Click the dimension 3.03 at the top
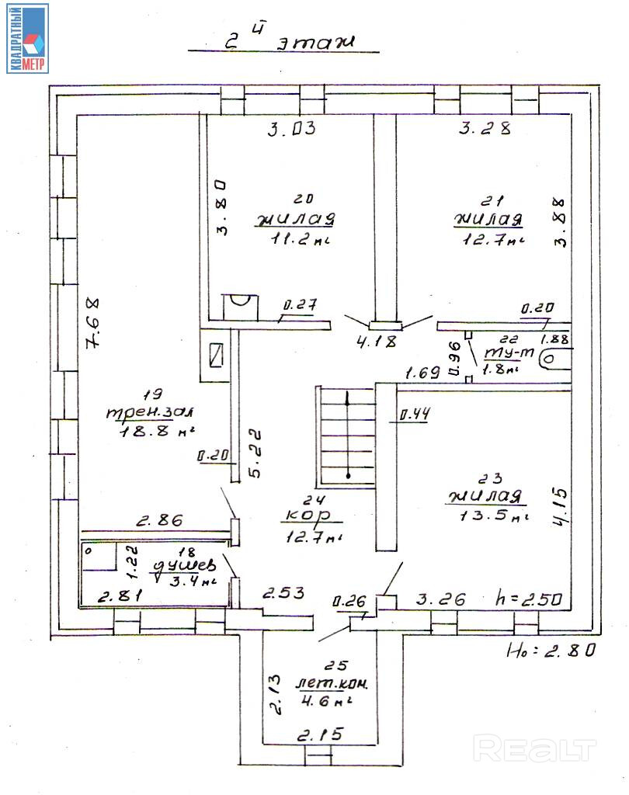291,130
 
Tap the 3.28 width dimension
485,130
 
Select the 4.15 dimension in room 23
561,507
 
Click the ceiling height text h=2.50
532,599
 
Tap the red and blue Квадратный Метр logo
28,38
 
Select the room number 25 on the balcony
339,665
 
